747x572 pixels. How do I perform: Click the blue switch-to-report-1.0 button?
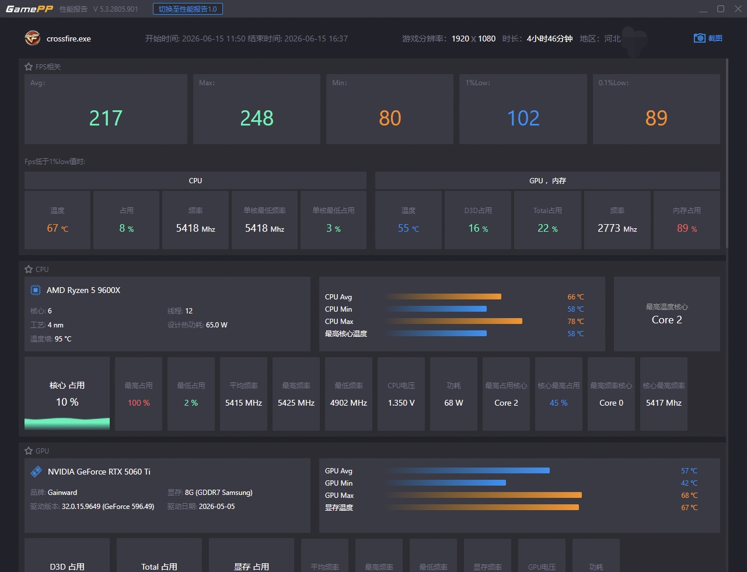188,9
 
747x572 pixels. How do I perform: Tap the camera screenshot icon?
699,38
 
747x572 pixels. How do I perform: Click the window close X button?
738,9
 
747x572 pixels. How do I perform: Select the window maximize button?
721,9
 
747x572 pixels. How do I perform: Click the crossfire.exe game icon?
32,38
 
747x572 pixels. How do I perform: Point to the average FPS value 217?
106,118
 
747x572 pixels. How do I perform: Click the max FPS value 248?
257,118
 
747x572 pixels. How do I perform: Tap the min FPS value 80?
390,118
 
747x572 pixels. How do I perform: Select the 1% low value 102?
523,118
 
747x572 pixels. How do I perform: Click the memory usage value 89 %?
687,228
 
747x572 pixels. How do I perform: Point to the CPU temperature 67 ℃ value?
57,228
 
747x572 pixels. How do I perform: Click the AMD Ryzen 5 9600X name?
83,290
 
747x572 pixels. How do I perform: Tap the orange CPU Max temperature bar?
454,321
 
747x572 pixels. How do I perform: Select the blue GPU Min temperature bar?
446,483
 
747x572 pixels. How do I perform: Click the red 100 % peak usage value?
138,403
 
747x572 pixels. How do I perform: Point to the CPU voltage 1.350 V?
401,403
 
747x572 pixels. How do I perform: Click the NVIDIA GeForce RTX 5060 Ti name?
99,472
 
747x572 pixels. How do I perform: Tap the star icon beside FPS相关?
29,67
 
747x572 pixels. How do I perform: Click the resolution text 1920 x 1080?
473,39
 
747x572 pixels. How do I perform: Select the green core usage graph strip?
67,424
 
